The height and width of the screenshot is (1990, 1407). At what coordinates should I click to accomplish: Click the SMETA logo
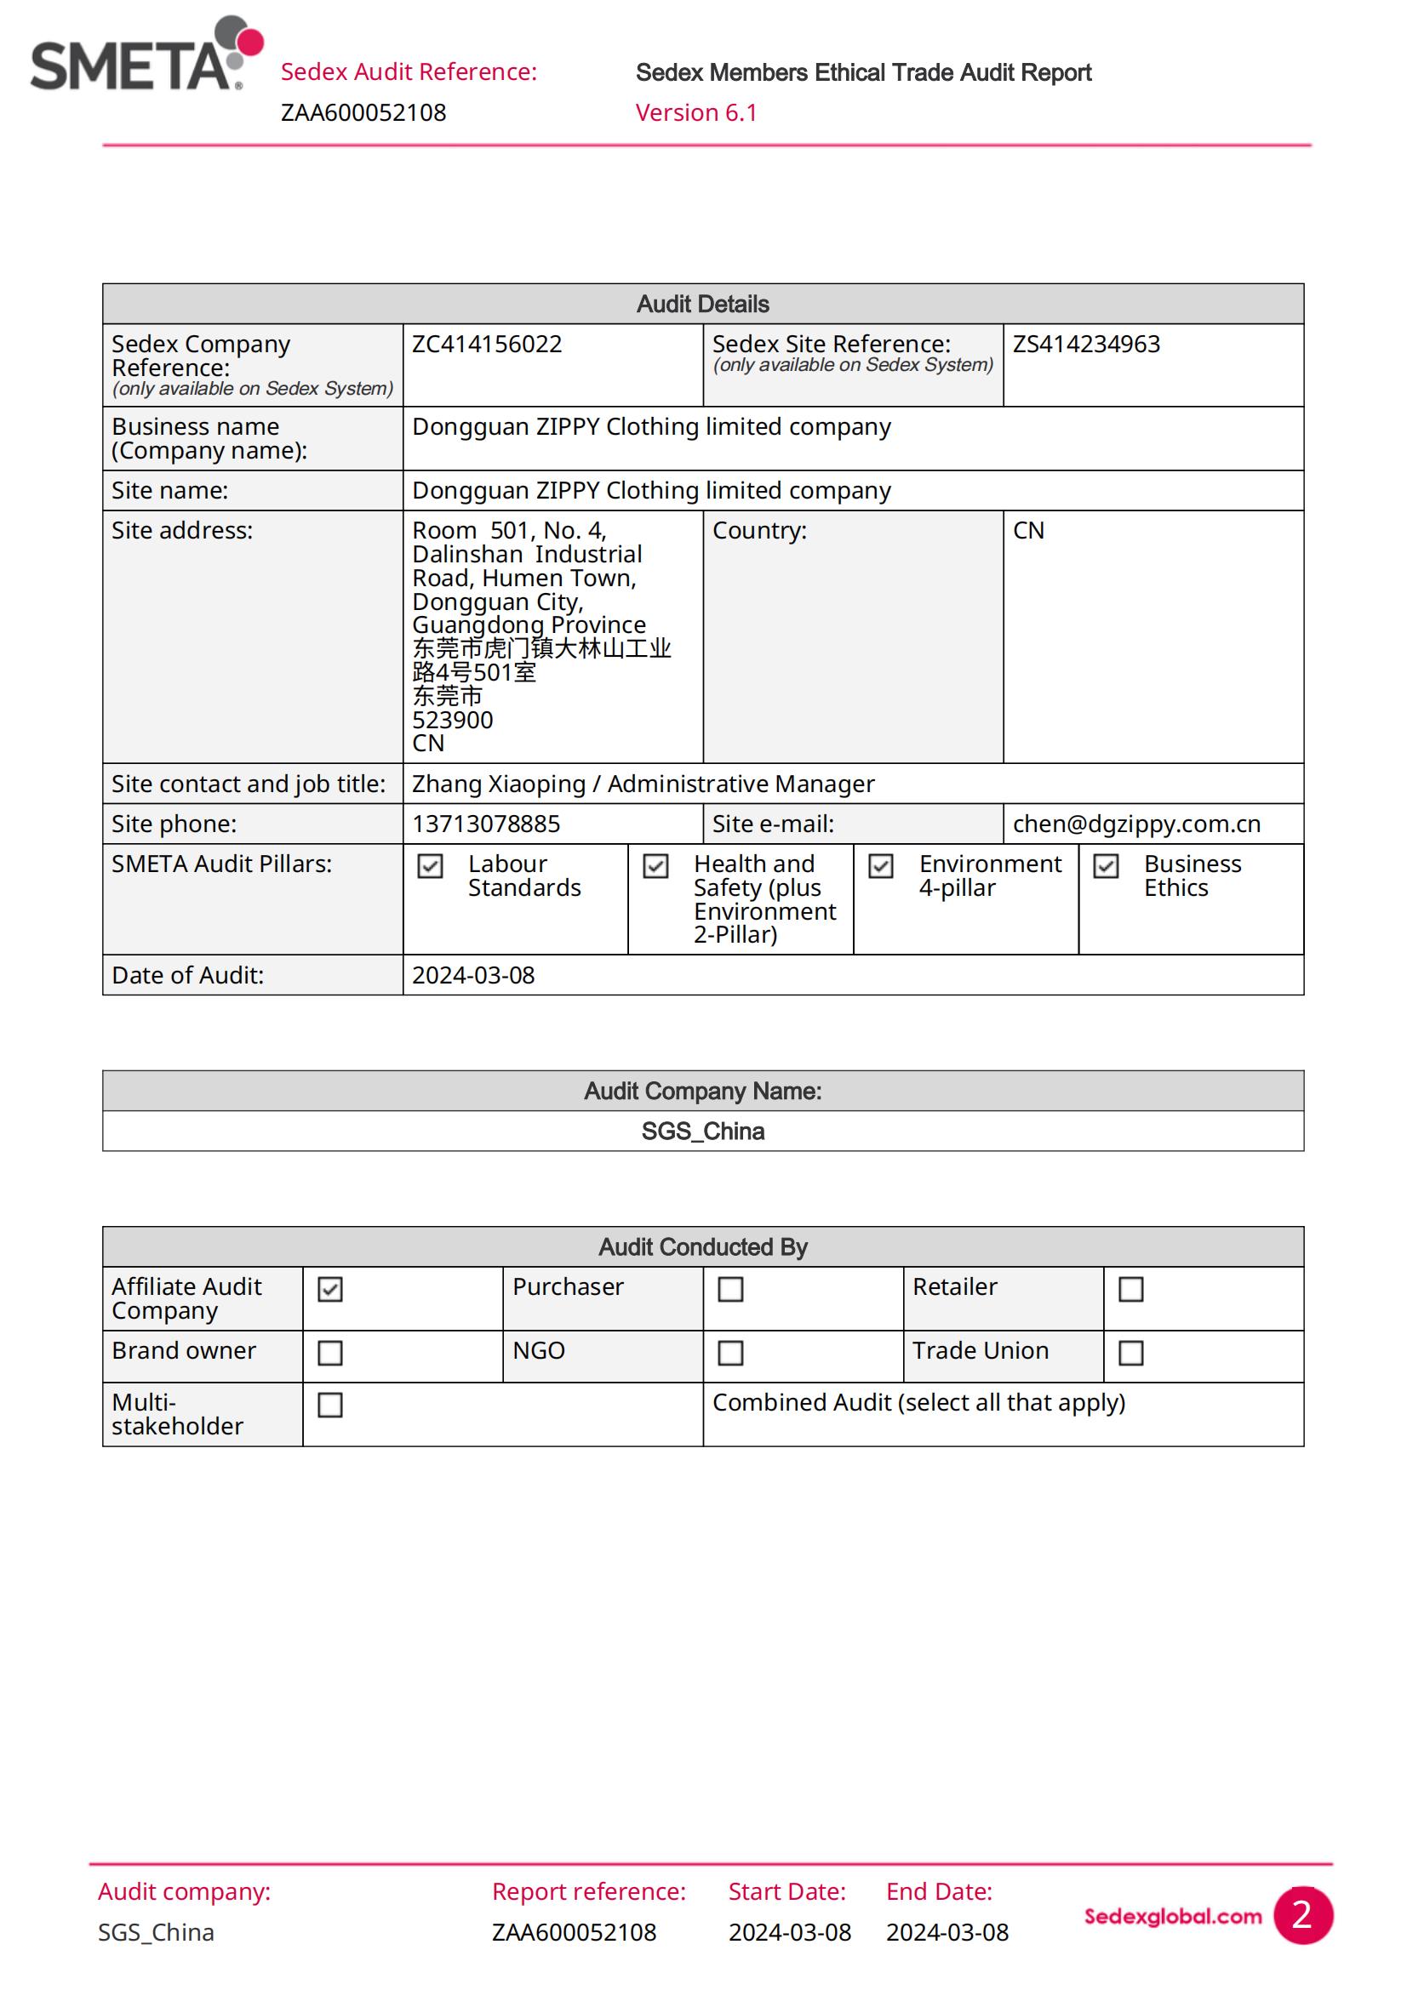pos(146,55)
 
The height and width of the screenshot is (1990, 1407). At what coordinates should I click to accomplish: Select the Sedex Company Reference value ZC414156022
pos(486,344)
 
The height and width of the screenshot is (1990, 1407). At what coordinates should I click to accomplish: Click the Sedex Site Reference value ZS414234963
pos(1085,344)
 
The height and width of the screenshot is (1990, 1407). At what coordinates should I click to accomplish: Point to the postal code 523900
pos(452,721)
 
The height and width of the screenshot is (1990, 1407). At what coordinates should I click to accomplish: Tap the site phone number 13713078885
pos(485,824)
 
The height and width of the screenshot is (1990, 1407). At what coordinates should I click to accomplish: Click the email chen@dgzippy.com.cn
pos(1135,824)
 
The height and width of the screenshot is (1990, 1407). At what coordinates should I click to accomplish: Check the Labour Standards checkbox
pos(430,866)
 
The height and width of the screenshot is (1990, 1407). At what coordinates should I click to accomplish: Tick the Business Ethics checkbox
pos(1106,866)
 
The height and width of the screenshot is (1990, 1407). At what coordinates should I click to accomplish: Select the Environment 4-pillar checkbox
pos(881,866)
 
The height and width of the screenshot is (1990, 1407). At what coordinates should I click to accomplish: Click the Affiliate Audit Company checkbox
pos(330,1289)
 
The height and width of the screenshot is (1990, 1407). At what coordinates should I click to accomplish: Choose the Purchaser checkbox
pos(731,1289)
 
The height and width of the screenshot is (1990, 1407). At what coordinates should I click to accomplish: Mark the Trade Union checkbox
pos(1130,1353)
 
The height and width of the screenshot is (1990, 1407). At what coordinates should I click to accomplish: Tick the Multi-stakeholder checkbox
pos(330,1405)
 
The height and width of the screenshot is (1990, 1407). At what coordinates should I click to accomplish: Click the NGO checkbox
pos(731,1353)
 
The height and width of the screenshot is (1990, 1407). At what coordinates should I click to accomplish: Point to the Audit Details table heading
pos(702,305)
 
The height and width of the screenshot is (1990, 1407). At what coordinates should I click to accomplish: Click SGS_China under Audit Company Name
pos(702,1131)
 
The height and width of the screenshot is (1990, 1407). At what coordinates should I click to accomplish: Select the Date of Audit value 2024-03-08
pos(472,975)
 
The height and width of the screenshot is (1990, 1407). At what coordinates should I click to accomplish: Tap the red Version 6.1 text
pos(696,112)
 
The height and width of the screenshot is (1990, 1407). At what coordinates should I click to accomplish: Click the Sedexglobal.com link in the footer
pos(1172,1916)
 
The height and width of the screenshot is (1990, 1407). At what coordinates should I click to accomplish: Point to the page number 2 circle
pos(1302,1915)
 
